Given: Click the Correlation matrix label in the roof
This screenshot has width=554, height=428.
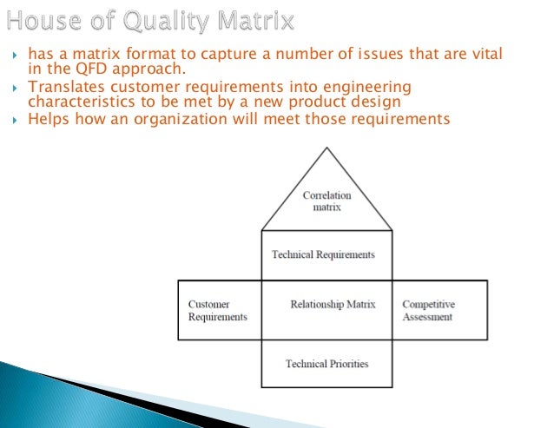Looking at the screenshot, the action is tap(326, 201).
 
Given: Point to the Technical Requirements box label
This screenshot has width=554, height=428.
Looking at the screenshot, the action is tap(323, 254).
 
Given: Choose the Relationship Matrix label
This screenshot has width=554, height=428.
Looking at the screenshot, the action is tap(333, 305).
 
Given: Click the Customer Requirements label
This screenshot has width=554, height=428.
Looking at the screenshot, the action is tap(217, 311).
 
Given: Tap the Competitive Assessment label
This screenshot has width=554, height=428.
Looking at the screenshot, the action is tap(428, 311).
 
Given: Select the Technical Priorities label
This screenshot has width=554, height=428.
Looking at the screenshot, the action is tap(326, 363).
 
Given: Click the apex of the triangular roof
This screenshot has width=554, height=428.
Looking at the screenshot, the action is tap(326, 148).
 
